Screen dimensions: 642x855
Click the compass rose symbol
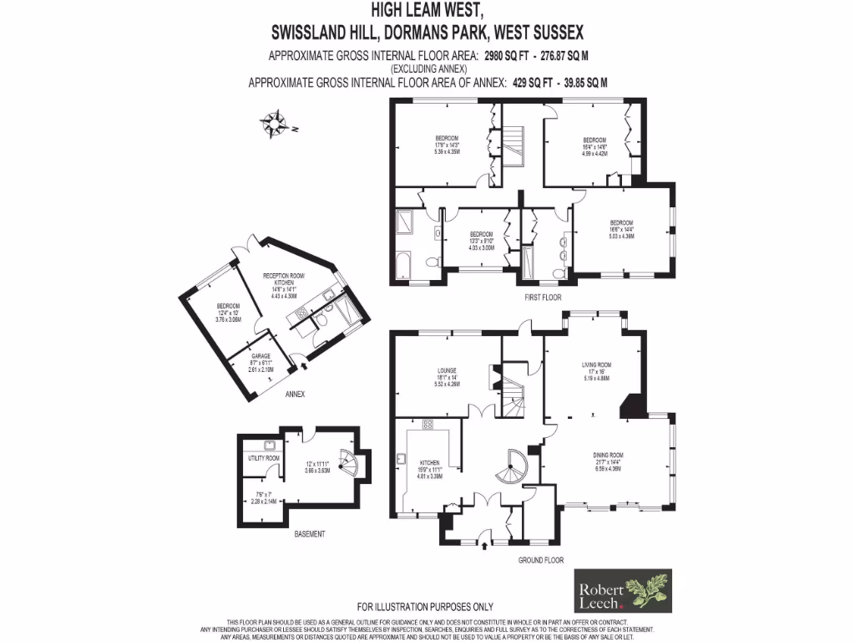click(273, 124)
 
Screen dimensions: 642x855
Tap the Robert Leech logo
click(623, 592)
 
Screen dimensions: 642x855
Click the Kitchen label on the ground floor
click(430, 469)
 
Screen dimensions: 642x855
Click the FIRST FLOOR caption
click(543, 297)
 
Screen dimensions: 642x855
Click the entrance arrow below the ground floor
click(485, 548)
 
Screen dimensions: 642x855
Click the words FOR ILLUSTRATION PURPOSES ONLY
click(425, 607)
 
